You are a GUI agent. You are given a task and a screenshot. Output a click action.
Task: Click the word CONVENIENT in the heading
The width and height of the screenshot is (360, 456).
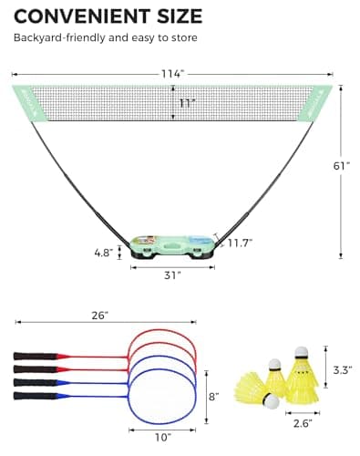81,15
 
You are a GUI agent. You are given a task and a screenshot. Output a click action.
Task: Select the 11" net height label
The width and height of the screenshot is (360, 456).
187,105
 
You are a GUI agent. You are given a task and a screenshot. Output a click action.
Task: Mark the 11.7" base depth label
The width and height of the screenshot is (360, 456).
240,244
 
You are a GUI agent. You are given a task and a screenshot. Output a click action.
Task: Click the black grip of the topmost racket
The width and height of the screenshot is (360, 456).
32,355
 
